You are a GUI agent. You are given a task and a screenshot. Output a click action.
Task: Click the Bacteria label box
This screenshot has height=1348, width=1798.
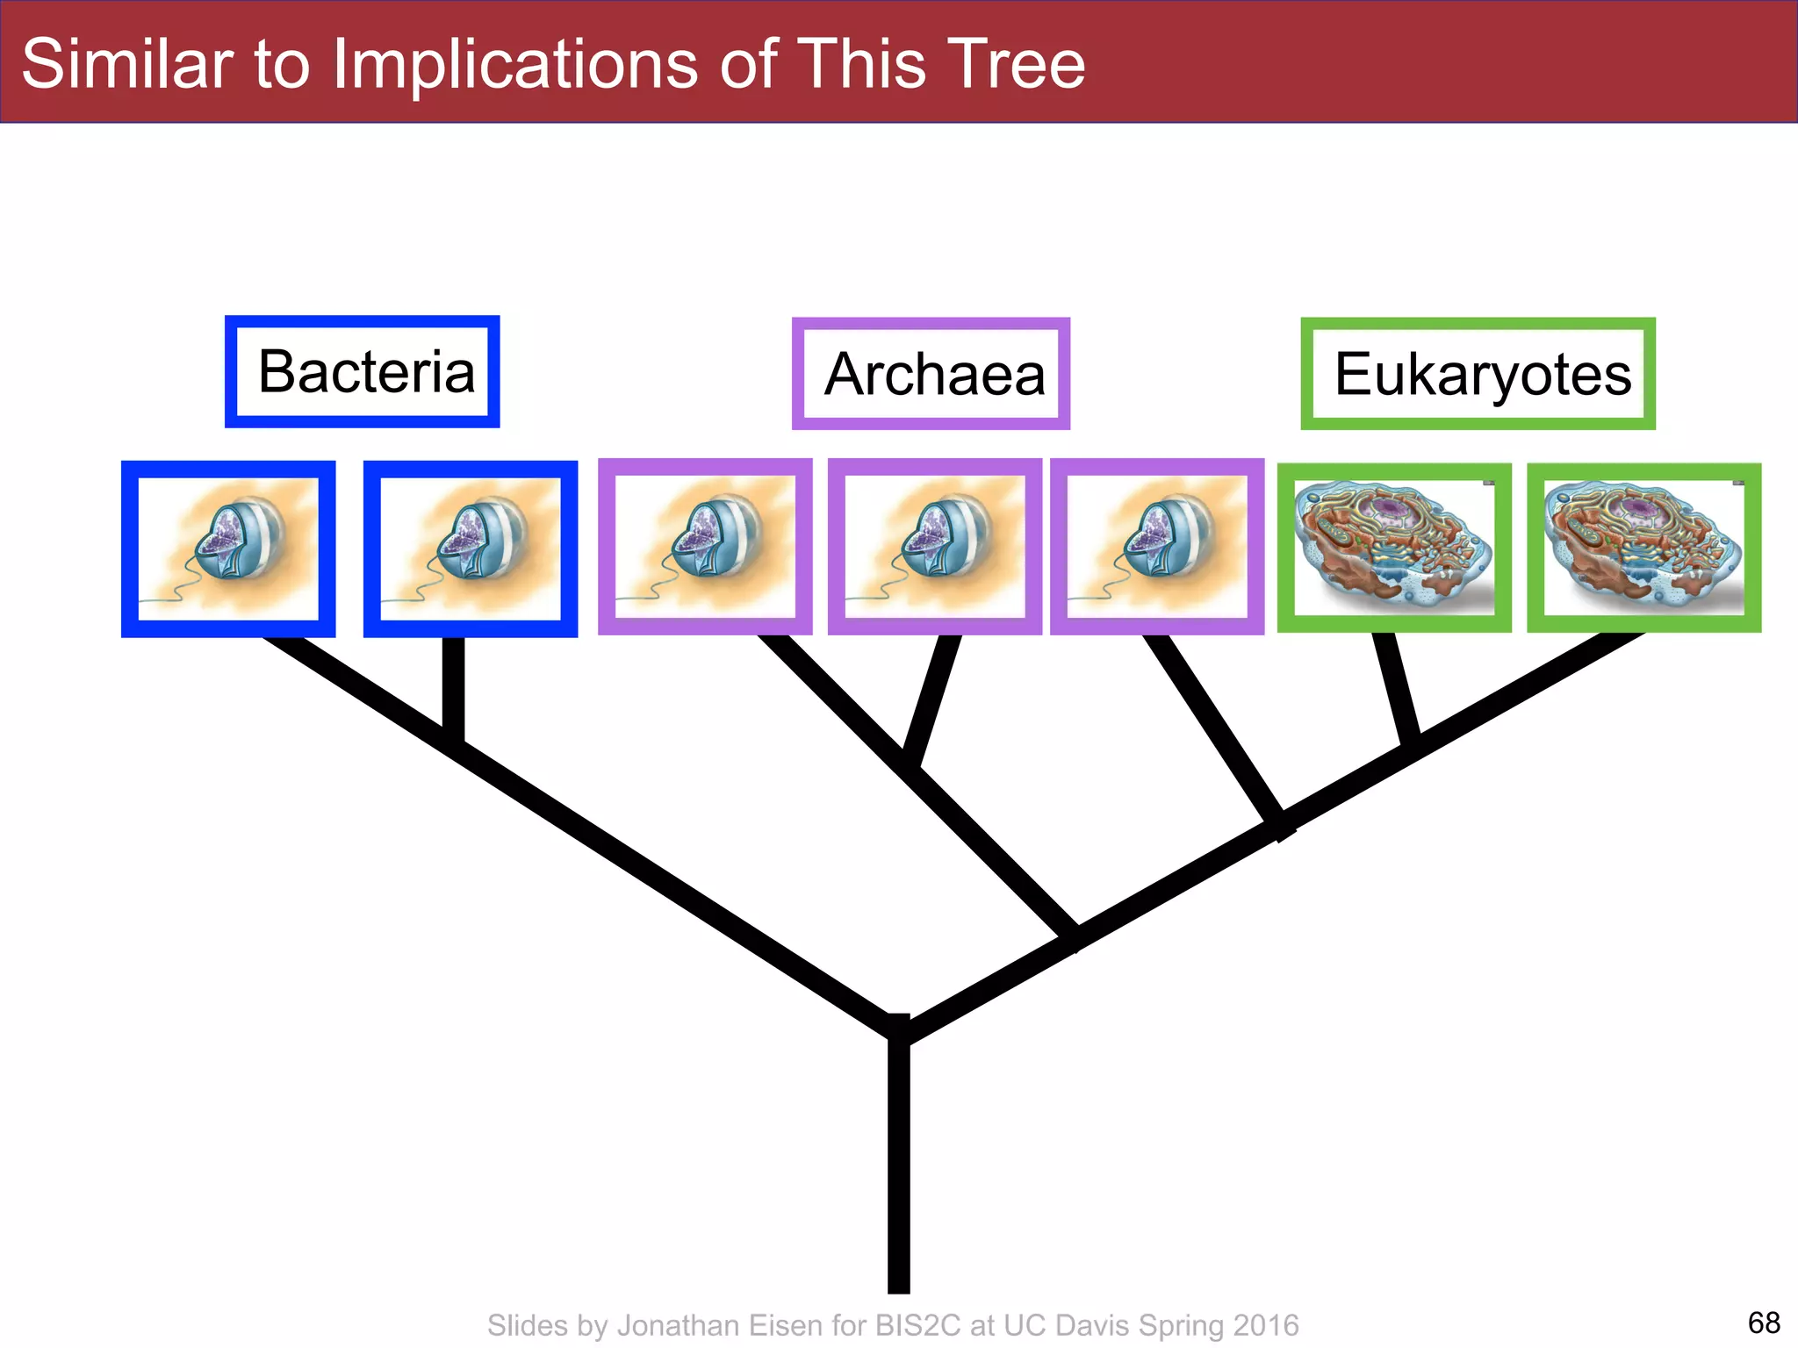363,372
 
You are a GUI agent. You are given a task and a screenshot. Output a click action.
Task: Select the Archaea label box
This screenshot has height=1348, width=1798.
931,374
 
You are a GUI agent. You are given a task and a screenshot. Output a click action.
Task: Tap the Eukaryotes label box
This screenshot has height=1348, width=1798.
1478,374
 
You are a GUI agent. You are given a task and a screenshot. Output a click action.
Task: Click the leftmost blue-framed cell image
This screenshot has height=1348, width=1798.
228,549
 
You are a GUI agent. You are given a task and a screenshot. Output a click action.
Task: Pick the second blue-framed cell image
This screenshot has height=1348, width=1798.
471,549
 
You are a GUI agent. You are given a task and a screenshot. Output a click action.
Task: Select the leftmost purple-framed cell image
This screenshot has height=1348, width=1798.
705,547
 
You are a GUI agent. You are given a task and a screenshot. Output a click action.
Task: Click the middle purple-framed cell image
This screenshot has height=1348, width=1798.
935,547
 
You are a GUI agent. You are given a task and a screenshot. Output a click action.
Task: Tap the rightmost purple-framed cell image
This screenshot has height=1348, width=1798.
1157,547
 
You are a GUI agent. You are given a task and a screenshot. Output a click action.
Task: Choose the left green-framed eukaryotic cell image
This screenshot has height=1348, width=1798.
1394,548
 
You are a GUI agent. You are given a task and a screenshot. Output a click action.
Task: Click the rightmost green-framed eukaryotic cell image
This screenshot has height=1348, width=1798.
1644,548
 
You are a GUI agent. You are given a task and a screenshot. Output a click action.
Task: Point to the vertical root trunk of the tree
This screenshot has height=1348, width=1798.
898,1167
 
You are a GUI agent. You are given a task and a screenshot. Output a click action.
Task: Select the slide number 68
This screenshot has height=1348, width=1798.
1764,1323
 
